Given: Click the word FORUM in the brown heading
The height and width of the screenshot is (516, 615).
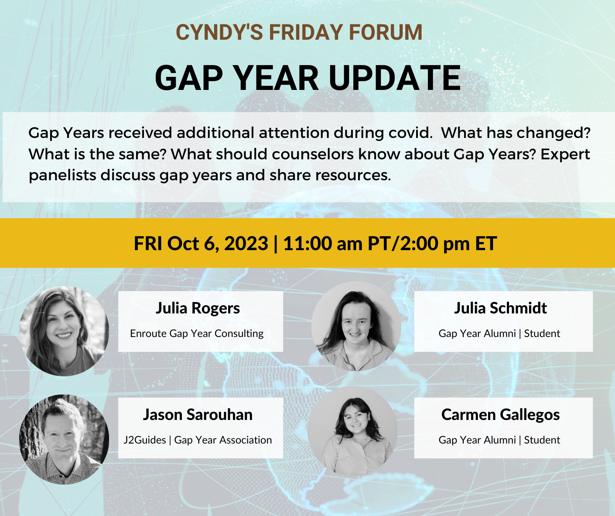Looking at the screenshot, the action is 386,32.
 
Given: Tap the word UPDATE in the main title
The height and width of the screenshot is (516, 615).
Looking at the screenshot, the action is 395,78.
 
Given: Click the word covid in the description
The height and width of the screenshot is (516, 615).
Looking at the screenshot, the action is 410,133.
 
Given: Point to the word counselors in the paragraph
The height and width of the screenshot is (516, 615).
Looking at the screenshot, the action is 312,154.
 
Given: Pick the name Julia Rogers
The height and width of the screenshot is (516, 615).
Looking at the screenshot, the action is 198,308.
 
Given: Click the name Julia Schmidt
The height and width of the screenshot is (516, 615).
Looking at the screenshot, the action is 500,308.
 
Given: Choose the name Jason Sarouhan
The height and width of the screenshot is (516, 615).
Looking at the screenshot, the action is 198,415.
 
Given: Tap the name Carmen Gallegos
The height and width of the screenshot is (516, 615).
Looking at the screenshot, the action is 500,415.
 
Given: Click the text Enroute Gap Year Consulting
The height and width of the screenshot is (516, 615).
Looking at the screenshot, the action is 197,334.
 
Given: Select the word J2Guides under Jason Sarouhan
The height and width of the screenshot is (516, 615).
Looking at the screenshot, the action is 145,440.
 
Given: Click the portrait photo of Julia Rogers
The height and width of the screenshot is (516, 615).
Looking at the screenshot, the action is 64,331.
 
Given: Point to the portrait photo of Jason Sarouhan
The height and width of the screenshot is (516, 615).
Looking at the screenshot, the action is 64,439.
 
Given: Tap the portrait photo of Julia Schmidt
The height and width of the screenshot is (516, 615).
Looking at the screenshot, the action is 356,326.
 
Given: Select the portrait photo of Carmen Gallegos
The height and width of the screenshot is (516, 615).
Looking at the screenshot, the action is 352,432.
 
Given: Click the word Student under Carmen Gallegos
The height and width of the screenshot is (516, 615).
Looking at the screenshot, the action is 542,440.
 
